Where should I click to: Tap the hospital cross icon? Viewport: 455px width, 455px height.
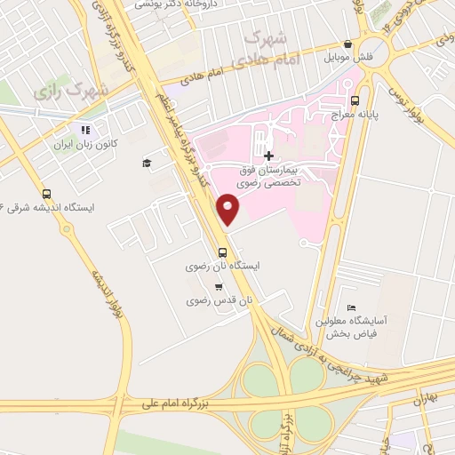click(x=269, y=156)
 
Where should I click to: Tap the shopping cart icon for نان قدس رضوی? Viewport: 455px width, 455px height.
click(x=219, y=287)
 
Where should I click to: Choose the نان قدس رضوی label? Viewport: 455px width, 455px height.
click(x=220, y=301)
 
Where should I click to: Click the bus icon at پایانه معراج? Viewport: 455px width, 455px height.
click(x=356, y=100)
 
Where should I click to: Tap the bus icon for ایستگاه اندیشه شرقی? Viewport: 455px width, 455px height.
click(x=46, y=194)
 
